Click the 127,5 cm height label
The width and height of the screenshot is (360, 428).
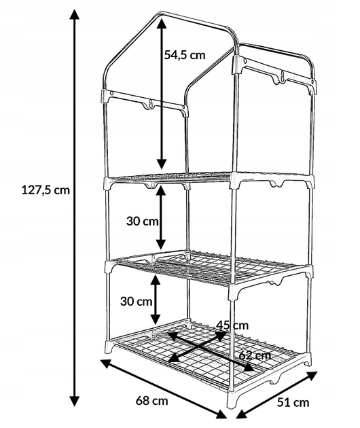(x=46, y=190)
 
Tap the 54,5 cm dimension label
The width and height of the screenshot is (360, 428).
(x=185, y=55)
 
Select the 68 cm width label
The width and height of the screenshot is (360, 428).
(x=151, y=401)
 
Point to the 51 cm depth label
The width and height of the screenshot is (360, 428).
(x=293, y=402)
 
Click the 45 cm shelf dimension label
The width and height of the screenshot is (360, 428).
(x=232, y=325)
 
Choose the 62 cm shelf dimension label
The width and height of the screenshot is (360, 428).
(x=255, y=355)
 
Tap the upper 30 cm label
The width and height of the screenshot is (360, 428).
(x=142, y=221)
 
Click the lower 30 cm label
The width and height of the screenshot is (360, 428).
(x=137, y=302)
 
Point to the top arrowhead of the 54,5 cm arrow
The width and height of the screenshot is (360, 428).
(x=162, y=23)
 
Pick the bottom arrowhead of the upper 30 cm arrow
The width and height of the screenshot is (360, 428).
(x=160, y=244)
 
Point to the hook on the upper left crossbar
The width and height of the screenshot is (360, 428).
(x=149, y=105)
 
